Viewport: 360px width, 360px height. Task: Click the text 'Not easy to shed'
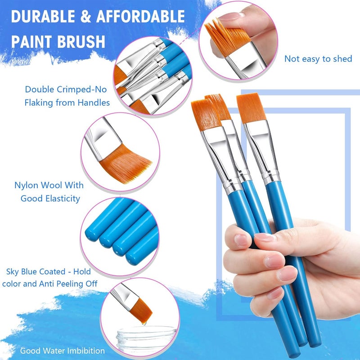pos(318,59)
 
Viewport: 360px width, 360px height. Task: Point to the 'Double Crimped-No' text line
pos(67,90)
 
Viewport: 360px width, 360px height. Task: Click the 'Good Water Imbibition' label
pos(62,351)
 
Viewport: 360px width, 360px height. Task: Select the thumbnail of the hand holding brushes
pos(270,252)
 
